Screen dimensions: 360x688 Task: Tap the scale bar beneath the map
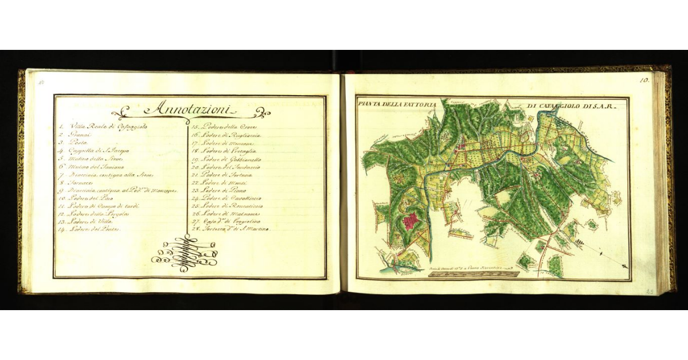tap(474, 273)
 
